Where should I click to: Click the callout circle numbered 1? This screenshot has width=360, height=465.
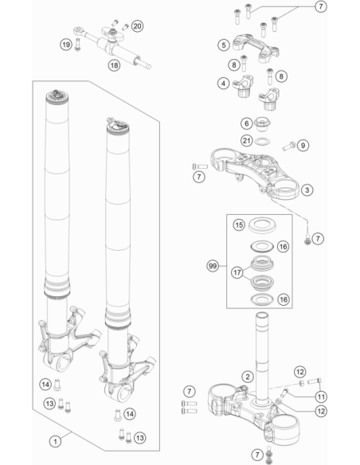tap(55, 441)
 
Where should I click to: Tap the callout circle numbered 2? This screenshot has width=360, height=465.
tap(248, 377)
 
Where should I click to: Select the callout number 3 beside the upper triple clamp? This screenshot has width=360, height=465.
tap(307, 190)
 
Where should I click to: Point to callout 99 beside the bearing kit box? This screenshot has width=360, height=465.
tap(213, 266)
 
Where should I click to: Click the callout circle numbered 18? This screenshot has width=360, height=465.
tap(114, 65)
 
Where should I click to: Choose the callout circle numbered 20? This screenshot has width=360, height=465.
tap(137, 26)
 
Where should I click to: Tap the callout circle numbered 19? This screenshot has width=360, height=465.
tap(66, 45)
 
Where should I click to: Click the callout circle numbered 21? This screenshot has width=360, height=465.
tap(247, 140)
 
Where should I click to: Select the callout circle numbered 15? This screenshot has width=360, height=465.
tap(239, 225)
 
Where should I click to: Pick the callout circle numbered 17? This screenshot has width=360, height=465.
tap(237, 272)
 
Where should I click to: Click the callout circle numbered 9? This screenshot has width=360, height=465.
tap(303, 145)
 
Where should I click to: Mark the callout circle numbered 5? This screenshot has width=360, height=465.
tap(224, 45)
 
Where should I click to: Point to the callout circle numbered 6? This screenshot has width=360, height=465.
tap(246, 123)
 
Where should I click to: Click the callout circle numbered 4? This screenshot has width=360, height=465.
tap(223, 84)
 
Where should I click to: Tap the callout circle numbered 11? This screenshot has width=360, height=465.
tap(321, 397)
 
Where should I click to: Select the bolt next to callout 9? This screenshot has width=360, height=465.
tap(288, 147)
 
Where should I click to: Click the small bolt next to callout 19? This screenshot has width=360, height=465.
tap(78, 45)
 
